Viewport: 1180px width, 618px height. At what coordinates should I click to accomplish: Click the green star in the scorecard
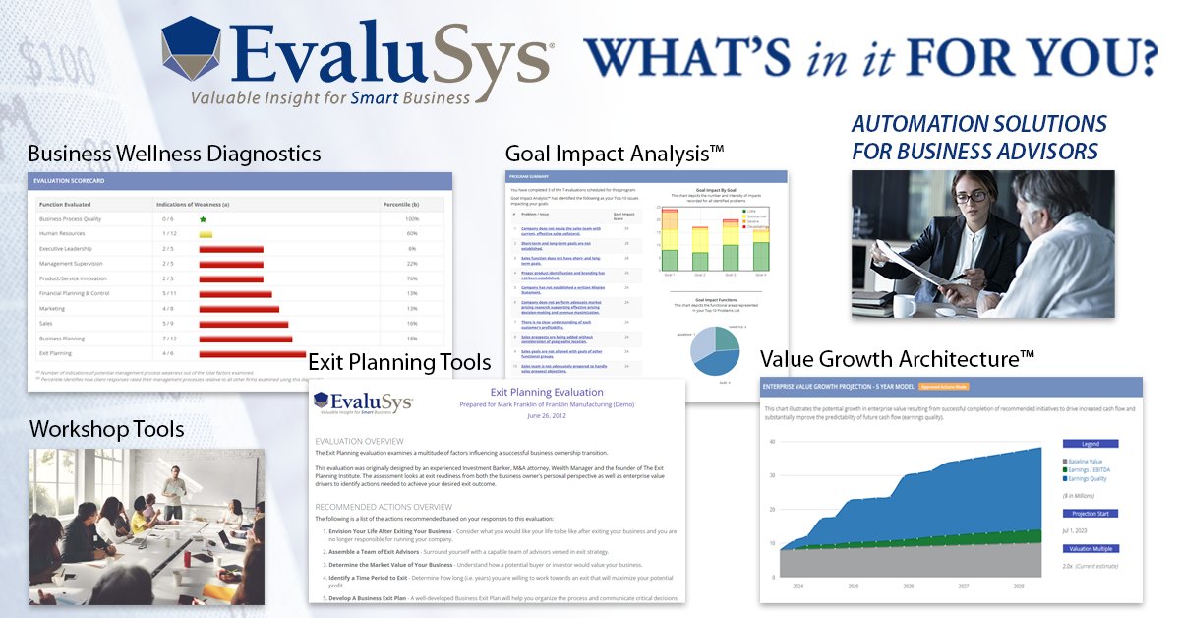pyautogui.click(x=203, y=218)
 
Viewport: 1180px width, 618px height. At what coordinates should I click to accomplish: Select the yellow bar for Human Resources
pyautogui.click(x=206, y=234)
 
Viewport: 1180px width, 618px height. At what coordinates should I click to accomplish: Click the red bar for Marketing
pyautogui.click(x=239, y=308)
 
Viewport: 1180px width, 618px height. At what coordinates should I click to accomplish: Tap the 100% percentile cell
pyautogui.click(x=411, y=218)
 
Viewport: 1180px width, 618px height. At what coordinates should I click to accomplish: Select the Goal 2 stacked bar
pyautogui.click(x=700, y=250)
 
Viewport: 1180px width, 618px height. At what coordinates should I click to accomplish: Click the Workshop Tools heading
pyautogui.click(x=107, y=429)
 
